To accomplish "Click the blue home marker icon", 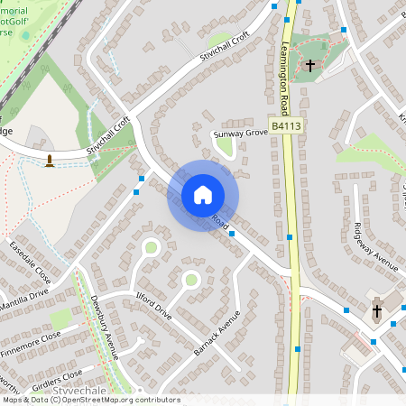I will (x=203, y=194).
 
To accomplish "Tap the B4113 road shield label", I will (x=285, y=128).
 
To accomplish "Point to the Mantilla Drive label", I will (x=24, y=294).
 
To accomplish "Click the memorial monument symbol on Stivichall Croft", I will (x=50, y=161).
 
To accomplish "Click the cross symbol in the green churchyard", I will (x=310, y=66).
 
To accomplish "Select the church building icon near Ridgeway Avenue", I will (x=377, y=311).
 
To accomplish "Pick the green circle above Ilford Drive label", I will (x=190, y=280).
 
